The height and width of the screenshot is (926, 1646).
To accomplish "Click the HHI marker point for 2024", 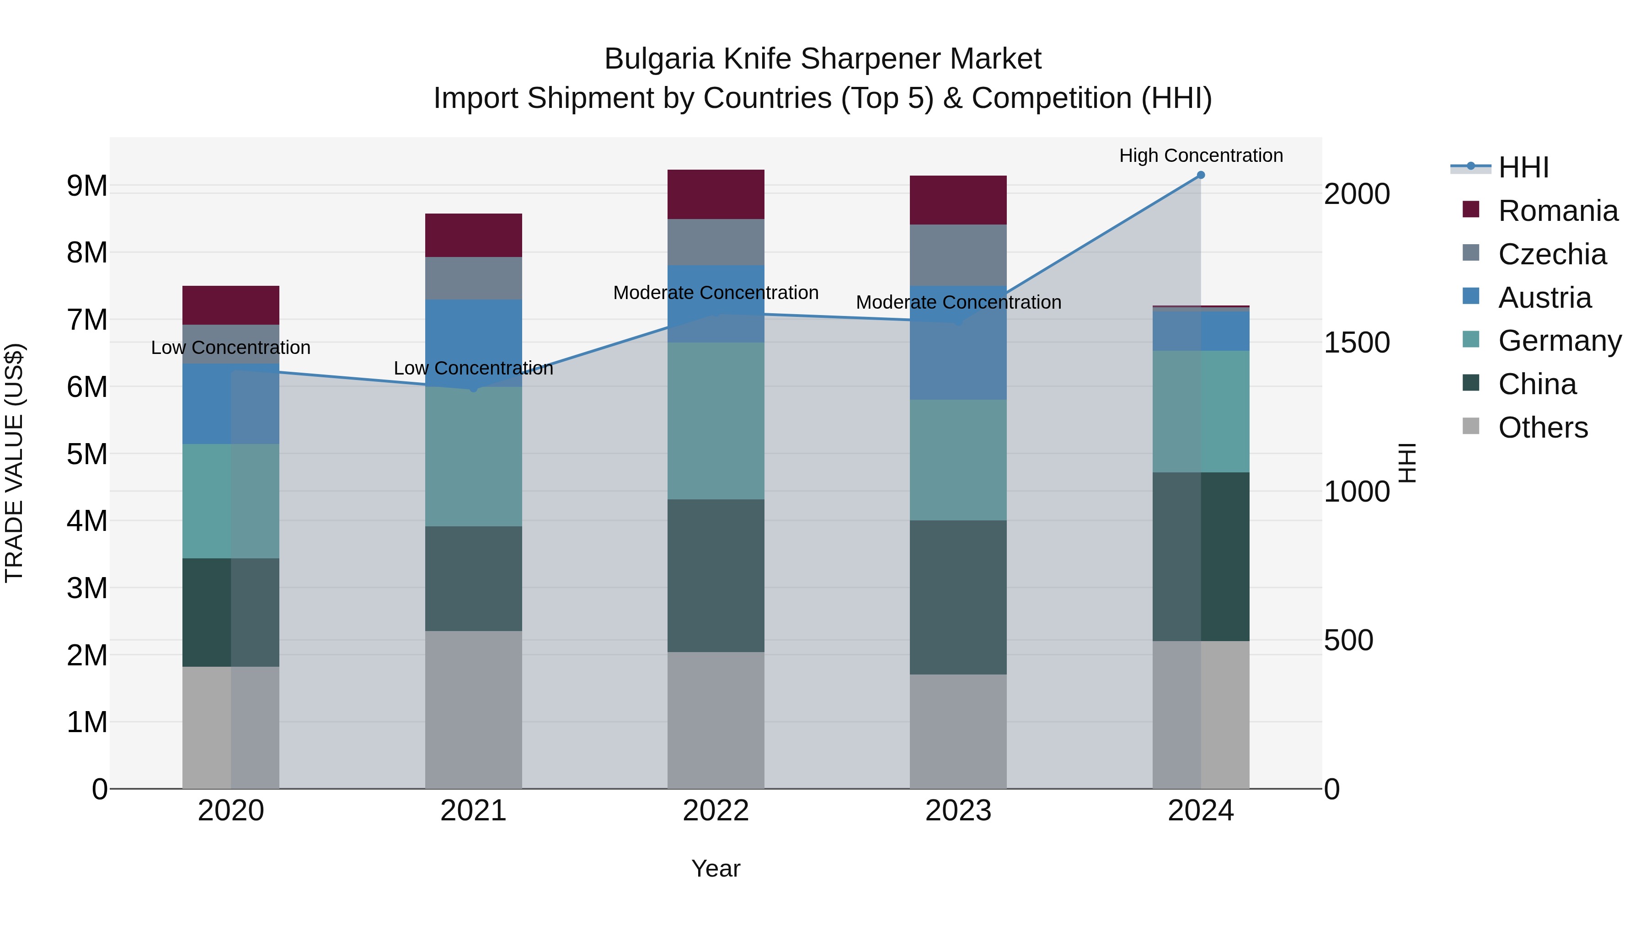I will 1201,175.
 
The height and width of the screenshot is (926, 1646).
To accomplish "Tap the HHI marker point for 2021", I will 474,388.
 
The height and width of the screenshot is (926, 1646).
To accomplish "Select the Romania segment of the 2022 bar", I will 716,194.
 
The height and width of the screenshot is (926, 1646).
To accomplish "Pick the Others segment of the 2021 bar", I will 474,709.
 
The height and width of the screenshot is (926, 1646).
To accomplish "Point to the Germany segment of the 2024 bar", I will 1201,412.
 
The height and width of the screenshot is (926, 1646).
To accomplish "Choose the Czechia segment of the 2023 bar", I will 958,255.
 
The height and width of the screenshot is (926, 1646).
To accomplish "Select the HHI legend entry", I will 1523,167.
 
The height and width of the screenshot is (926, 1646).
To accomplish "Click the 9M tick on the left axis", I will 87,186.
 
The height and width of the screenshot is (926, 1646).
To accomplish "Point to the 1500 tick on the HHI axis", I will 1356,343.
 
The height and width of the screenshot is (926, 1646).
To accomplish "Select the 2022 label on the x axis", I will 716,811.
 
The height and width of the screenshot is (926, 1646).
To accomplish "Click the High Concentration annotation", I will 1201,156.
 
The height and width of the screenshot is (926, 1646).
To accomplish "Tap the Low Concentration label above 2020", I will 231,348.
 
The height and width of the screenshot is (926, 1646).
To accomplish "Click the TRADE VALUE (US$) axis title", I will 14,463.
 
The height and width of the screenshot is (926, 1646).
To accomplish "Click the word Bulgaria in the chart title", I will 659,59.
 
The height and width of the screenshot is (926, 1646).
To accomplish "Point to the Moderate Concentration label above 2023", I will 958,302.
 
